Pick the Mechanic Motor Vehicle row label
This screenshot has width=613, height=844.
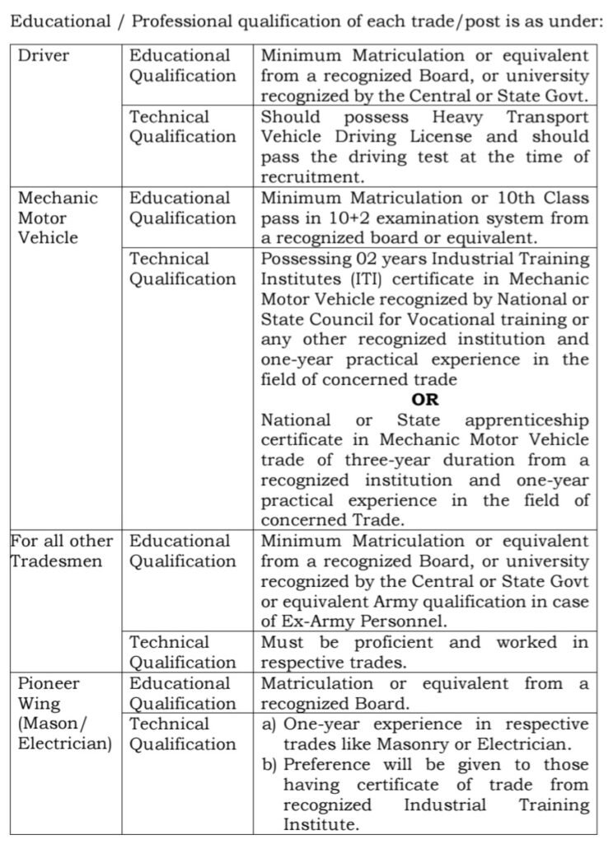click(57, 218)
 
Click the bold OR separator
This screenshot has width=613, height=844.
click(425, 400)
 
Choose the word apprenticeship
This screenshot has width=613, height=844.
click(526, 420)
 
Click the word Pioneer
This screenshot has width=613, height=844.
click(49, 683)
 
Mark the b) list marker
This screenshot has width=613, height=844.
click(269, 765)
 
